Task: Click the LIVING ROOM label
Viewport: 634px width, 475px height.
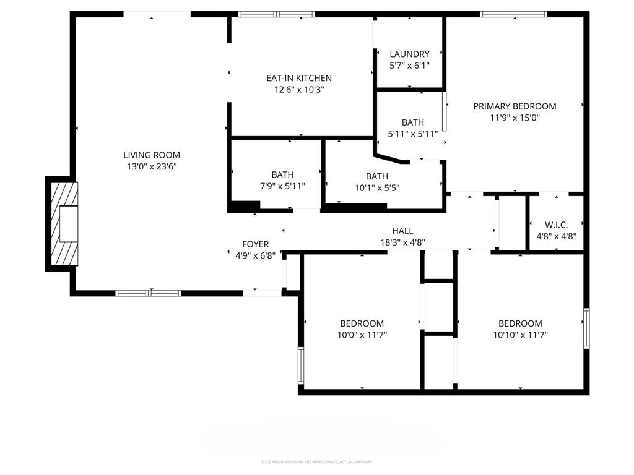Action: (x=152, y=155)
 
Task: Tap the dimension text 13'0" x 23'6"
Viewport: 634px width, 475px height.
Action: (x=152, y=166)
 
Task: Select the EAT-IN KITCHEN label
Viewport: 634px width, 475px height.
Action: (x=299, y=78)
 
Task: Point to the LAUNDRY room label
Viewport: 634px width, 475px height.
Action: (x=409, y=54)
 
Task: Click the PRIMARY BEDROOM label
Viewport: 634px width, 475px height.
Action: (x=515, y=106)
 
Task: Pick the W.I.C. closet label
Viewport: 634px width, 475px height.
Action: (x=556, y=225)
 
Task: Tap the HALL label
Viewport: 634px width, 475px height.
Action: (x=402, y=231)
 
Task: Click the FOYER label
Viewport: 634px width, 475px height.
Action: (x=256, y=244)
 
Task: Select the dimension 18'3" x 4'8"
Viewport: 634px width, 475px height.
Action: (x=402, y=242)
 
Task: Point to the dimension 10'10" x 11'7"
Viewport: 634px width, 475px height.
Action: (x=520, y=335)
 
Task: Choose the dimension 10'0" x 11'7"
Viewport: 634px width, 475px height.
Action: (x=362, y=335)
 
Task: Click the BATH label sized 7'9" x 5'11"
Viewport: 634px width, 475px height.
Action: (x=282, y=175)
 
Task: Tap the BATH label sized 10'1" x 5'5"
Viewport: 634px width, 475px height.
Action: (x=377, y=177)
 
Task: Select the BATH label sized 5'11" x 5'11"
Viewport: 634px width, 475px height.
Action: (x=413, y=122)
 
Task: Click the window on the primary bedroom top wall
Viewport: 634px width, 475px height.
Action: (x=513, y=14)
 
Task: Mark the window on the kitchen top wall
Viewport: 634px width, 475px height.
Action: (x=277, y=14)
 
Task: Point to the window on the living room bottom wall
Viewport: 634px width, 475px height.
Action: (x=149, y=293)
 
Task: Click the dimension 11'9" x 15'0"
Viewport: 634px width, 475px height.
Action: (x=515, y=118)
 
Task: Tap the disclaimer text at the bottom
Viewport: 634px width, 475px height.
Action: (x=317, y=462)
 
